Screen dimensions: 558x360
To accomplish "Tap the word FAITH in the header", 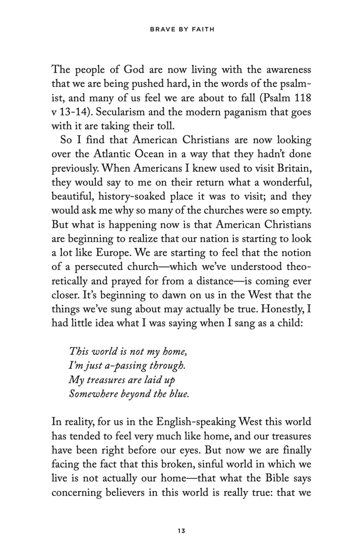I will (204, 30).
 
